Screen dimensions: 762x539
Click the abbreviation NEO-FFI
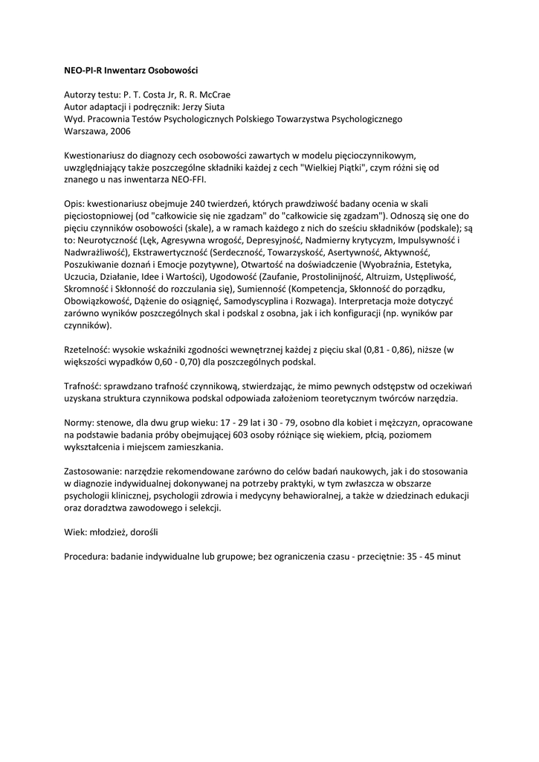189,179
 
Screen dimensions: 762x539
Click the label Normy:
79,422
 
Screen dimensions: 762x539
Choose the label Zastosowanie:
92,471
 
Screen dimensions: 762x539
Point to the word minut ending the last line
449,556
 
